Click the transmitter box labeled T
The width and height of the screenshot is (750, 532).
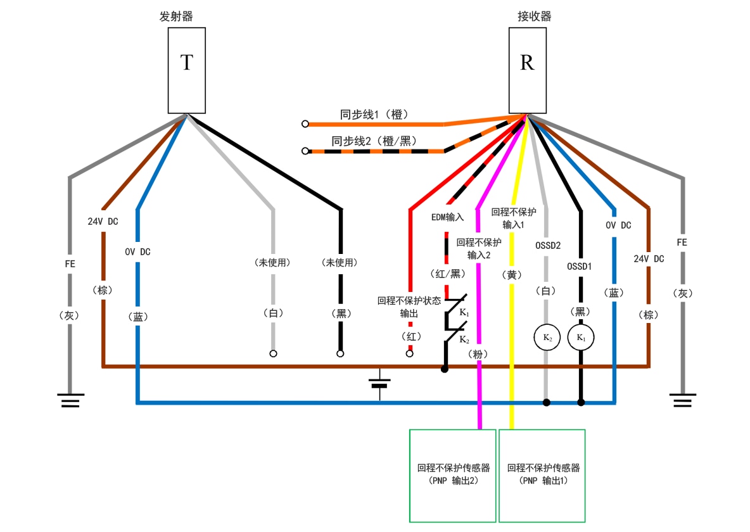187,70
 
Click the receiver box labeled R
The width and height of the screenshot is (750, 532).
527,70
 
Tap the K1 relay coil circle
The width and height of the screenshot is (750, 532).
580,338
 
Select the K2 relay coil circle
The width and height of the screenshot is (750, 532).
547,338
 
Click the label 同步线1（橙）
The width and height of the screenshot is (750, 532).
374,115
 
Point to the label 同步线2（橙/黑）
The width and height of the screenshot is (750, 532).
374,141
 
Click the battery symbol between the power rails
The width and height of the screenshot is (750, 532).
379,383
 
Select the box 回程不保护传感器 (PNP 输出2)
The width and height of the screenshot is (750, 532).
453,475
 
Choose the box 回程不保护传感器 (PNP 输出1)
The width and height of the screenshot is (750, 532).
542,475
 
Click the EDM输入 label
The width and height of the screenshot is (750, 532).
448,217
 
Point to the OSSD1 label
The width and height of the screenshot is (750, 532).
580,267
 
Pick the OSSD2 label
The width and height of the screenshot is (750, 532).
547,245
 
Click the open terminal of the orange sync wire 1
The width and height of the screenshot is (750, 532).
305,124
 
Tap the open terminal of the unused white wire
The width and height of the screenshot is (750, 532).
273,353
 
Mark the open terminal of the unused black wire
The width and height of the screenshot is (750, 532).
340,353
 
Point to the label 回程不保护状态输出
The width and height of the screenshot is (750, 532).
409,307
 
